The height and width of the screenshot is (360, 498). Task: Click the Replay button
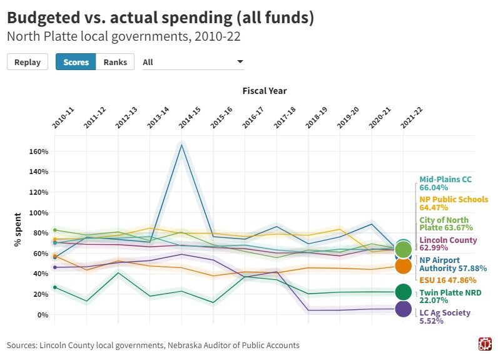(x=28, y=62)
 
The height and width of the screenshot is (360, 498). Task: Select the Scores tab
(x=76, y=62)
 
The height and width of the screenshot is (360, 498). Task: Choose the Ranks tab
(x=115, y=62)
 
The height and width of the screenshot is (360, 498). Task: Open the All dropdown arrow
(x=240, y=62)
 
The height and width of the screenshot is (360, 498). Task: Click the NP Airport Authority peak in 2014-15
(x=181, y=145)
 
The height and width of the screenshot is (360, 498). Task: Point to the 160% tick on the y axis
(x=38, y=152)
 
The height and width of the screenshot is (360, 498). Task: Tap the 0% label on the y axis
(x=43, y=314)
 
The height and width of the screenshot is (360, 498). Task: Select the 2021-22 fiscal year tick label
(x=412, y=118)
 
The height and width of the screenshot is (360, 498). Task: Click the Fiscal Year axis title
(x=264, y=91)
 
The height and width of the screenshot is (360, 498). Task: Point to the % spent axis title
(x=19, y=229)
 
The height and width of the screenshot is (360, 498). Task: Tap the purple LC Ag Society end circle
(x=404, y=309)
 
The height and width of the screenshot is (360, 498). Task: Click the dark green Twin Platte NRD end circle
(x=404, y=292)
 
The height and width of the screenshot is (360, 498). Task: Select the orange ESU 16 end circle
(x=404, y=265)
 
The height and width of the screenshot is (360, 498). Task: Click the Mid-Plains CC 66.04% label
(x=445, y=183)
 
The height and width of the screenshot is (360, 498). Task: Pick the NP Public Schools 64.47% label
(x=453, y=203)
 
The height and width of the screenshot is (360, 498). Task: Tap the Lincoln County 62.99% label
(x=447, y=244)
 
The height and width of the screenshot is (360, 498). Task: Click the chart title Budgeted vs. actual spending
(x=160, y=18)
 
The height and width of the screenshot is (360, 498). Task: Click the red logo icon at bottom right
(x=485, y=344)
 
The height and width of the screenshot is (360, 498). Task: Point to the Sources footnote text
(x=153, y=345)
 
